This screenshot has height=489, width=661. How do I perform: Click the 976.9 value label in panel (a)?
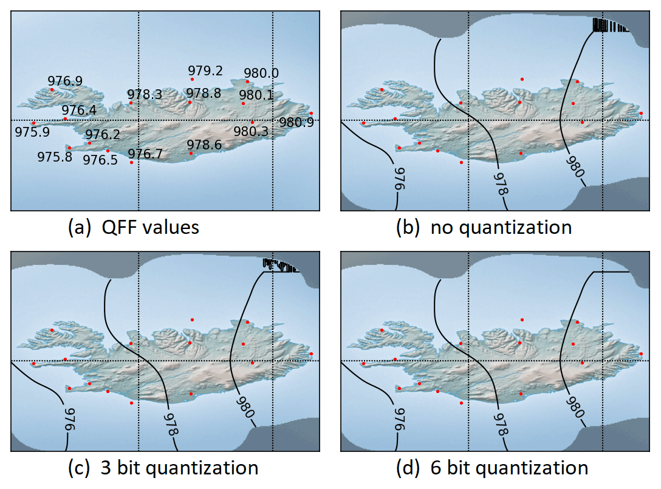click(x=65, y=81)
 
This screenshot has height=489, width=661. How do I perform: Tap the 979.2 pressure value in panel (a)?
click(x=205, y=70)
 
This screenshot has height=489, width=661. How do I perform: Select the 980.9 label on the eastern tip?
click(x=296, y=122)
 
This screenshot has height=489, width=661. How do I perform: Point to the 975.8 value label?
click(x=55, y=157)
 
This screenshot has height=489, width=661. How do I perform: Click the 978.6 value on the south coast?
click(x=204, y=145)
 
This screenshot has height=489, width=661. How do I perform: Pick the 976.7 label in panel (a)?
click(x=145, y=154)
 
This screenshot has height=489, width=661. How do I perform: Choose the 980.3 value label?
click(x=251, y=132)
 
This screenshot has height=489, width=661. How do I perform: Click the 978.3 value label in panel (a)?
click(x=145, y=94)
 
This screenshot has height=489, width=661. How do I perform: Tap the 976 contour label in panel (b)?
click(x=399, y=179)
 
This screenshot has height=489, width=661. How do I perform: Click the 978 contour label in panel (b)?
click(x=501, y=183)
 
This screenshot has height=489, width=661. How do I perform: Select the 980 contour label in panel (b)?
click(x=575, y=166)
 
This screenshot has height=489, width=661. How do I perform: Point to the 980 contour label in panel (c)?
click(x=245, y=406)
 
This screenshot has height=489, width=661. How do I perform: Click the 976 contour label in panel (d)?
click(x=399, y=419)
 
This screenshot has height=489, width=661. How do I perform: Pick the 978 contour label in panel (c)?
click(x=171, y=424)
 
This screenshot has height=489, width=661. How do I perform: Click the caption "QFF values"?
click(x=151, y=228)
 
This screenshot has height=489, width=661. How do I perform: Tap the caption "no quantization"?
click(x=501, y=228)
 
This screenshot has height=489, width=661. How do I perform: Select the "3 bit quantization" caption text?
click(x=180, y=468)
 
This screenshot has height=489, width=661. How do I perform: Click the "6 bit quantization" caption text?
click(x=509, y=468)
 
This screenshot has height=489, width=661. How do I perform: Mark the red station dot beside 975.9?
click(x=34, y=123)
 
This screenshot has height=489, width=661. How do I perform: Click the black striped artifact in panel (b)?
click(x=611, y=25)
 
